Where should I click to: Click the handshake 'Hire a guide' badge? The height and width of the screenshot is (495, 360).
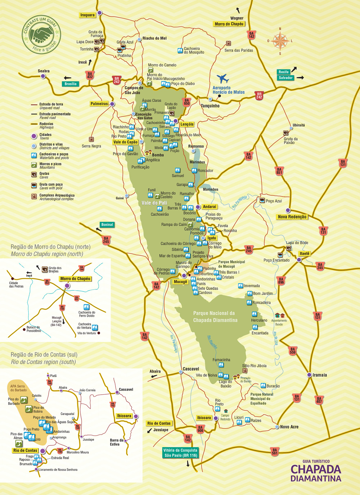pos(41,35)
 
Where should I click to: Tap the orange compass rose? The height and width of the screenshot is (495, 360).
pos(280,41)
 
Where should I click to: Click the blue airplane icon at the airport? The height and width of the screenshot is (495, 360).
pos(223,78)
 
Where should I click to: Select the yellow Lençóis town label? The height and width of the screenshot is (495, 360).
pos(187,124)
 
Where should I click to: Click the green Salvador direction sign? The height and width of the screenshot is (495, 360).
pos(285,78)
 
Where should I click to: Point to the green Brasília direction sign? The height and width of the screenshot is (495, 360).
pos(71,84)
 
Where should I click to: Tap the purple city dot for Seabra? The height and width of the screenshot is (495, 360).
pos(43,76)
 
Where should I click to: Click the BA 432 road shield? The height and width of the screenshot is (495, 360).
pos(90,75)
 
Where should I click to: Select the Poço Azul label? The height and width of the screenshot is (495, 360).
pos(274,201)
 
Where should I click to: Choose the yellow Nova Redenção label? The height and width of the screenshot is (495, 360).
pos(292,217)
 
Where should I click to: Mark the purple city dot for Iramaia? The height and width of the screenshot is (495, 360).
pos(309,375)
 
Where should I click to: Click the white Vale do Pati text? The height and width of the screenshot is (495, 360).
pos(154,203)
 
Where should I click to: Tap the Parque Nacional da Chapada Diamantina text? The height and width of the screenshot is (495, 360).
pos(215,317)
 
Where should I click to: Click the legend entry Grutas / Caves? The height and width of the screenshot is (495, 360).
pos(44,175)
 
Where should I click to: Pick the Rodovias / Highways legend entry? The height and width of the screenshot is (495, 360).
pos(46,125)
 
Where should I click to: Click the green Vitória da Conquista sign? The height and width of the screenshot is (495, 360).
pos(180,453)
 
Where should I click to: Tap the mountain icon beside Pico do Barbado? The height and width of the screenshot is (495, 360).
pos(24,400)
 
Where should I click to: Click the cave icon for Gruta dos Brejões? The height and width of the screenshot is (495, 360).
pos(45,269)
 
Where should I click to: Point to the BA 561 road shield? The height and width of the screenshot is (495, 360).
pos(275,451)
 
